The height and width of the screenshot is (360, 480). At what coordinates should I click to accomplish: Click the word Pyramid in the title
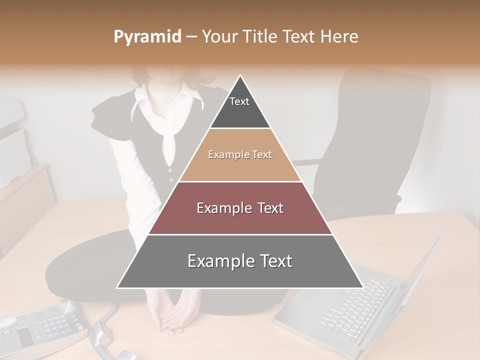pyautogui.click(x=147, y=37)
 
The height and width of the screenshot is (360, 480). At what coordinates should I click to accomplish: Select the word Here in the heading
pyautogui.click(x=339, y=37)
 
